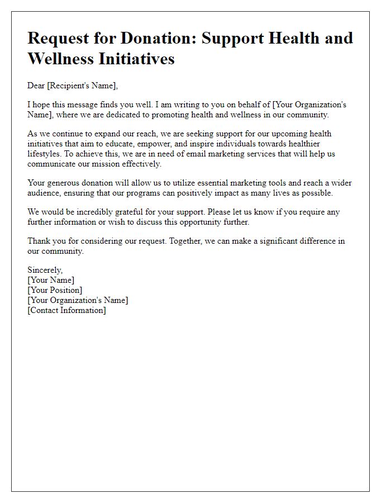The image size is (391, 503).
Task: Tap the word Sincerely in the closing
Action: click(x=45, y=271)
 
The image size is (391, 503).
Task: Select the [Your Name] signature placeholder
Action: click(x=51, y=281)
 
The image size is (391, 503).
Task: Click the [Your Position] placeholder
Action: click(x=55, y=291)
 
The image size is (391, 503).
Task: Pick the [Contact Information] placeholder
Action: click(x=66, y=310)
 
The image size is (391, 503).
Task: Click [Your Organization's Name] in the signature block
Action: click(x=78, y=300)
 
